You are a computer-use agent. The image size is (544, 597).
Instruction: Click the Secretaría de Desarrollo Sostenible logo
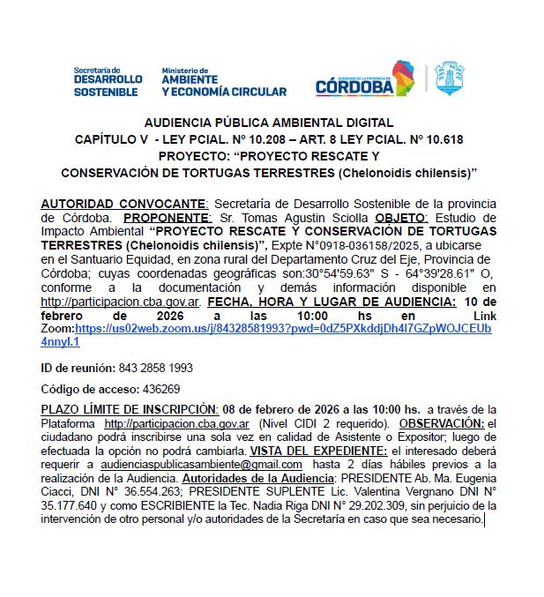coord(108,82)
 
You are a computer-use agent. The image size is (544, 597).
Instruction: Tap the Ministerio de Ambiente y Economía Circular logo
coord(223,82)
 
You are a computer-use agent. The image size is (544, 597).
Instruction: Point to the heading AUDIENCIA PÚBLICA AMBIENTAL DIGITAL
coord(269,123)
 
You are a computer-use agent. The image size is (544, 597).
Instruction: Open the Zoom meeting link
coord(282,328)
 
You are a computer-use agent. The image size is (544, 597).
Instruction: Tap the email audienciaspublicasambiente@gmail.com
coord(200,464)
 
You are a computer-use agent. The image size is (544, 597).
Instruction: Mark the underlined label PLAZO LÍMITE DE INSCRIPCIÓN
coord(130,409)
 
